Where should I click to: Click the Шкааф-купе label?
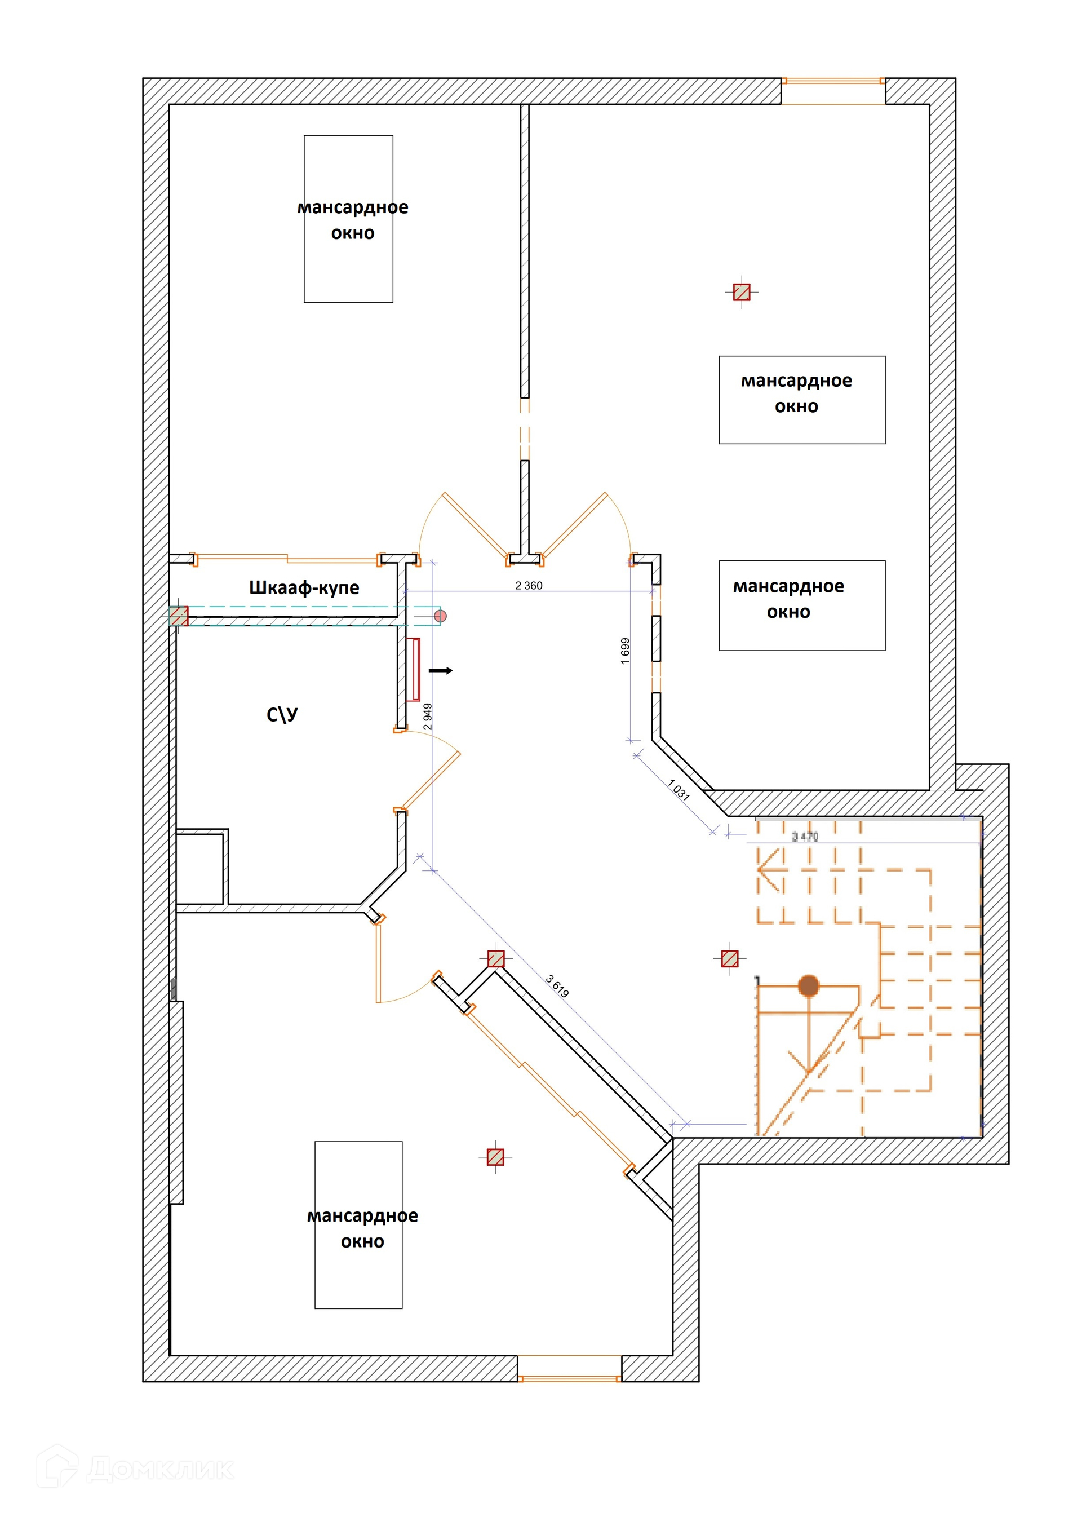pyautogui.click(x=304, y=587)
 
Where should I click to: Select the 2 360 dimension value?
pyautogui.click(x=529, y=585)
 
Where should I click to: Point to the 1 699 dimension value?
pyautogui.click(x=625, y=651)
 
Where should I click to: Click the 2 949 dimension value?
pyautogui.click(x=428, y=717)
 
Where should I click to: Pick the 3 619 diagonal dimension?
pyautogui.click(x=557, y=987)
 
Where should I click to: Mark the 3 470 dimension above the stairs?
pyautogui.click(x=805, y=837)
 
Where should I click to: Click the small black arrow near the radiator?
pyautogui.click(x=440, y=670)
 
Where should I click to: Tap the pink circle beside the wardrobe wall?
pyautogui.click(x=440, y=616)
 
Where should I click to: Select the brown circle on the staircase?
pyautogui.click(x=808, y=985)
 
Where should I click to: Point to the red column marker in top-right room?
pyautogui.click(x=742, y=292)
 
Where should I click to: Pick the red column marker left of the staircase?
pyautogui.click(x=730, y=958)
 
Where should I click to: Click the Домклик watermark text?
pyautogui.click(x=160, y=1469)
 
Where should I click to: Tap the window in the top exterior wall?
pyautogui.click(x=833, y=82)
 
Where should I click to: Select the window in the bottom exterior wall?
pyautogui.click(x=570, y=1378)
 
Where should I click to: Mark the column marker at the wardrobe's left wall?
pyautogui.click(x=178, y=616)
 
